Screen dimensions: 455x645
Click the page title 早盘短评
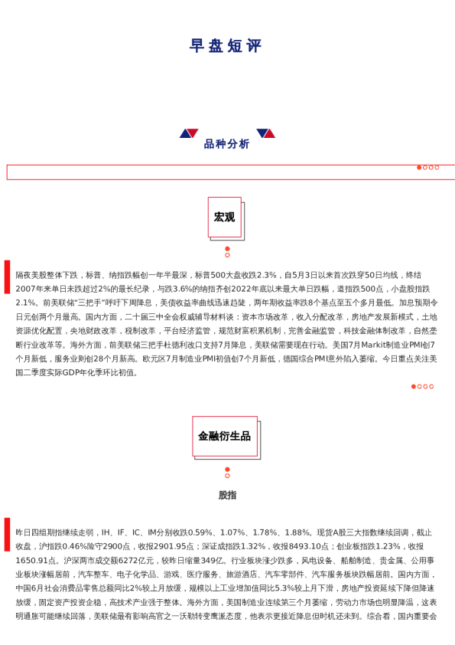click(226, 46)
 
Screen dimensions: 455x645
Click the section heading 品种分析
click(226, 144)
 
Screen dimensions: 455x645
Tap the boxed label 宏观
click(224, 217)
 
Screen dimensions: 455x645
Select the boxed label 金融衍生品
click(224, 436)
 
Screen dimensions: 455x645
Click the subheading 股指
click(227, 495)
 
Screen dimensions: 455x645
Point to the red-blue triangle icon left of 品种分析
click(188, 133)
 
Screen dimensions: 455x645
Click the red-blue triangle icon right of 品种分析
click(265, 133)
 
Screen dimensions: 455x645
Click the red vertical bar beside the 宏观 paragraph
click(7, 277)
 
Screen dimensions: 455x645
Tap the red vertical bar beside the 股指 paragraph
click(7, 534)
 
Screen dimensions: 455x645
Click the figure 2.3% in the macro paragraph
click(267, 275)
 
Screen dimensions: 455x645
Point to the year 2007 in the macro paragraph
click(25, 289)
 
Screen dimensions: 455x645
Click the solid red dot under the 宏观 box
click(227, 248)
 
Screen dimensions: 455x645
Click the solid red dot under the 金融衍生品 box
click(227, 469)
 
